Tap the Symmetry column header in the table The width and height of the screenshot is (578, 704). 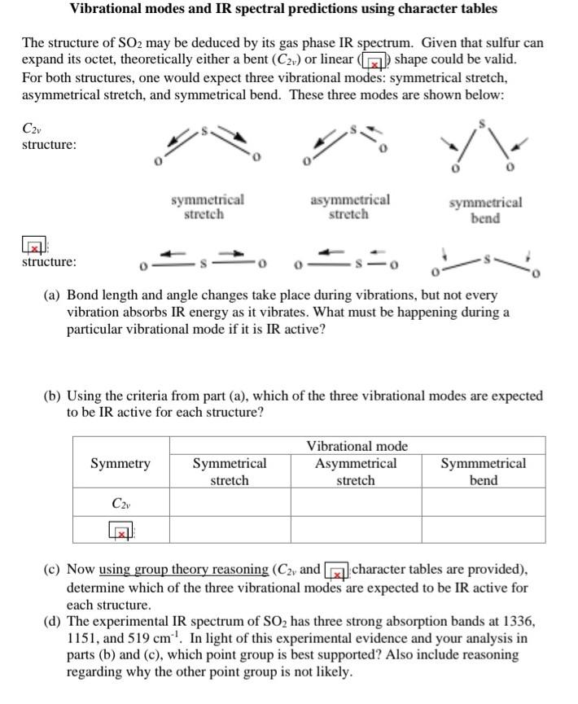(120, 464)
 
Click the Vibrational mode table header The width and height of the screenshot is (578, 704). (357, 446)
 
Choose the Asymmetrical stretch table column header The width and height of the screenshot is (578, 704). (356, 472)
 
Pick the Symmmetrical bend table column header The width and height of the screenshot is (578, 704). (483, 472)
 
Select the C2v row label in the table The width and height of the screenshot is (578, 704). (120, 503)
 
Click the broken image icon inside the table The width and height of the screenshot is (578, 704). (121, 532)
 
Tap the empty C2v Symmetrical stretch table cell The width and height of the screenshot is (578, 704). (230, 503)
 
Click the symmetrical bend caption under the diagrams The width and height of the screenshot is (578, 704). (485, 210)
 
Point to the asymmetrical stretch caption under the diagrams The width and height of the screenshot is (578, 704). (349, 207)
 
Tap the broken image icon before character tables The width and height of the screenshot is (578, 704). (337, 571)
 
